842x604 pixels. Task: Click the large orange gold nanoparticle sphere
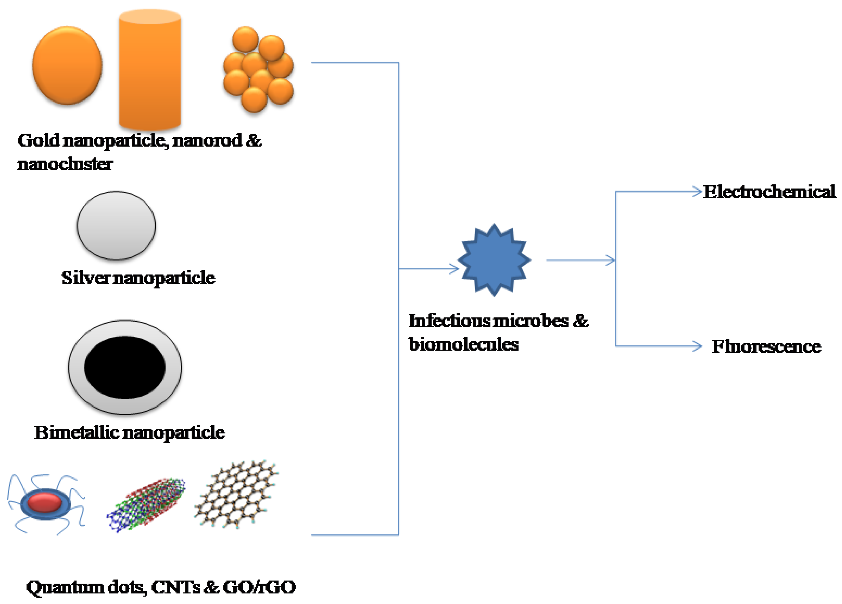[x=67, y=65]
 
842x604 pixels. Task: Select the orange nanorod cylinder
[x=150, y=71]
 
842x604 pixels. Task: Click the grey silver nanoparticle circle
[x=116, y=226]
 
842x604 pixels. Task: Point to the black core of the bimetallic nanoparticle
[x=125, y=367]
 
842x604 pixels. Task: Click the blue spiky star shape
[x=494, y=260]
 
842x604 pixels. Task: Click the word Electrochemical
[x=769, y=192]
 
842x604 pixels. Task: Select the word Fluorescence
[x=766, y=346]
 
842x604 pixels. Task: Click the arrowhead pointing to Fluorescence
[x=697, y=346]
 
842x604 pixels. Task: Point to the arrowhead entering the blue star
[x=455, y=268]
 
